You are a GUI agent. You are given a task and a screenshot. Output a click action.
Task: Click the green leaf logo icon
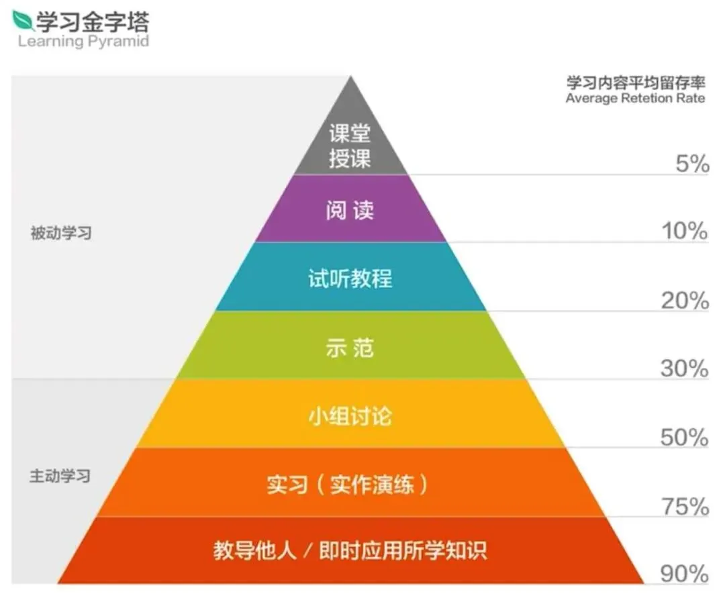[x=24, y=20]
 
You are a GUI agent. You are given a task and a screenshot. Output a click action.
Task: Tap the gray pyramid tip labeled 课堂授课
[x=350, y=146]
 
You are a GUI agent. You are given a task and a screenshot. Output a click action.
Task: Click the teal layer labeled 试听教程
[x=350, y=279]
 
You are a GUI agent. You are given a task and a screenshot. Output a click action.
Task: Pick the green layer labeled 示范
[x=350, y=348]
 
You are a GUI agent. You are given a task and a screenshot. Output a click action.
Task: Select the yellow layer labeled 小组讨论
[x=350, y=416]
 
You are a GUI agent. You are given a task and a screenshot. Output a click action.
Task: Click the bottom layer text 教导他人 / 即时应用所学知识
[x=350, y=551]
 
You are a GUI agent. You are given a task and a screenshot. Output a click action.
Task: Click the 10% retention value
[x=685, y=232]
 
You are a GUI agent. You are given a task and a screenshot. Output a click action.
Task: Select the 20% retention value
[x=685, y=301]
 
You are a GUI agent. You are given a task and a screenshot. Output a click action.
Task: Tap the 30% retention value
[x=685, y=368]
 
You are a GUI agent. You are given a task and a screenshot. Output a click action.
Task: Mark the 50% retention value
[x=685, y=438]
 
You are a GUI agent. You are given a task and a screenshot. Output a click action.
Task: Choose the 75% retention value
[x=685, y=507]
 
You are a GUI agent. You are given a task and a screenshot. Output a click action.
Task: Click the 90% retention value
[x=685, y=575]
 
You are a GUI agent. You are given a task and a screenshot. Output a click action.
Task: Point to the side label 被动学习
[x=60, y=234]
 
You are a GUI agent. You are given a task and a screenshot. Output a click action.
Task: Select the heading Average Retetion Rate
[x=635, y=99]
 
